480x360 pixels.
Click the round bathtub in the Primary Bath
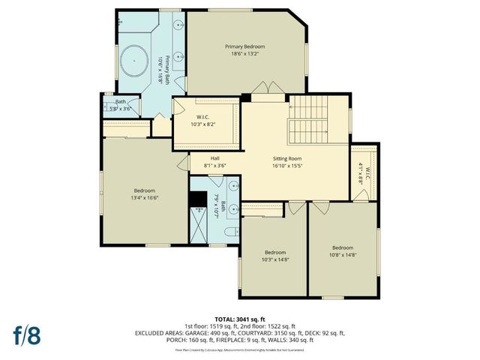click(x=134, y=55)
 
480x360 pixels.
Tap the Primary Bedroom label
click(x=244, y=46)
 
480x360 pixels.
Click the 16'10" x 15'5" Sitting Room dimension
click(x=286, y=166)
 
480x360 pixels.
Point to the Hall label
click(x=214, y=158)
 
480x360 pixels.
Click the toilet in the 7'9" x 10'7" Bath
click(x=231, y=232)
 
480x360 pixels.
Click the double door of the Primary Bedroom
click(x=268, y=94)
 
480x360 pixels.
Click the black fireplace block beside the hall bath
click(x=198, y=199)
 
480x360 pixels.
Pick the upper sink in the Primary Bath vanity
click(x=178, y=25)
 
